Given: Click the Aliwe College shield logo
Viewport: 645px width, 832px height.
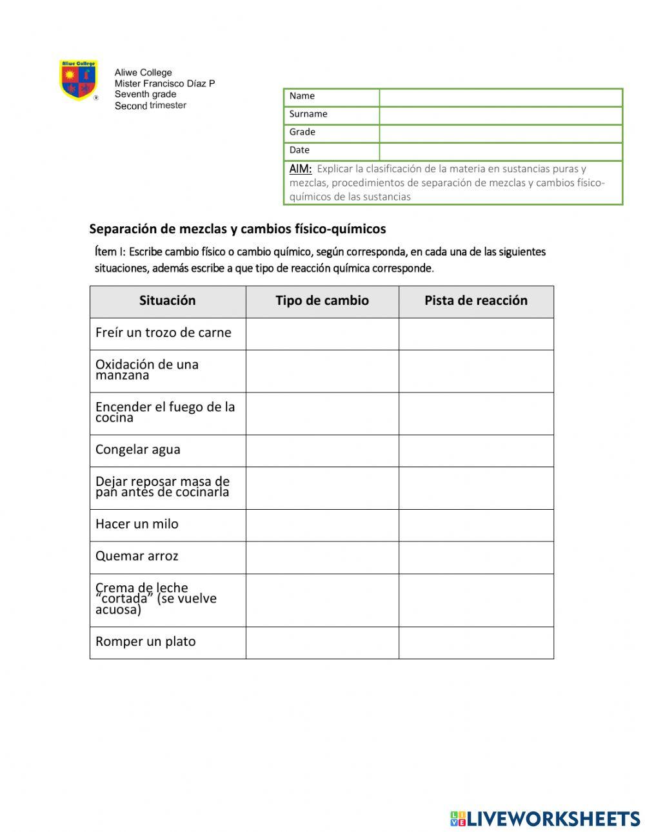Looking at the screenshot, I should point(78,80).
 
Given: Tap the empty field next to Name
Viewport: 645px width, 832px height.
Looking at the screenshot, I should point(501,97).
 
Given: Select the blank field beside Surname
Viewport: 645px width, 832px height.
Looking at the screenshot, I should point(501,115).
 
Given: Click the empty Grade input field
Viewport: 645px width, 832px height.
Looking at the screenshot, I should point(501,133).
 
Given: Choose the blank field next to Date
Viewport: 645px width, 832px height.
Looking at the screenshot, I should point(501,151).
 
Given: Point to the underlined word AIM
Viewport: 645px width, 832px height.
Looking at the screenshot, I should point(301,169).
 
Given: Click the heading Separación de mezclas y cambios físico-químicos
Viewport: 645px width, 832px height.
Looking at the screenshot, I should point(237,229).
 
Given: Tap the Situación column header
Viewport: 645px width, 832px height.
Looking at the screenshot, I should point(167,301).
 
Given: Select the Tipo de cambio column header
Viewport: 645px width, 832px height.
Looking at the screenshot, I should point(322,301).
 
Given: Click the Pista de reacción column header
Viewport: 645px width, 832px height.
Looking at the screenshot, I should point(476,301).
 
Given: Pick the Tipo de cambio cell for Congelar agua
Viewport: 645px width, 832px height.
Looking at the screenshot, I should point(322,450).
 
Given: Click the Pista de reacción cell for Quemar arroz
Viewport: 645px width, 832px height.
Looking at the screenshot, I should point(476,557).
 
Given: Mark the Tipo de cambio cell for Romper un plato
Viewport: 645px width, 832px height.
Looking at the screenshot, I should point(322,643).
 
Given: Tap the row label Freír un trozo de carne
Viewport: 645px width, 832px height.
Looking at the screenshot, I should point(163,333).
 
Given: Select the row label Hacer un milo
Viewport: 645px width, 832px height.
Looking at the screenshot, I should point(137,525).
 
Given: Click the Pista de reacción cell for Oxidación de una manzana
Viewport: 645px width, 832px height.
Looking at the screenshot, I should point(476,371).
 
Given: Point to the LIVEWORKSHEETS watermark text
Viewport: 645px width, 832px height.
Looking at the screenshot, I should point(553,818).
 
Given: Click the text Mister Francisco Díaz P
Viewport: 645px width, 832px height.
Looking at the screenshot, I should point(164,84).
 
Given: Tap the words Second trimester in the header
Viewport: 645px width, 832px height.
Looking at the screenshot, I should point(150,106).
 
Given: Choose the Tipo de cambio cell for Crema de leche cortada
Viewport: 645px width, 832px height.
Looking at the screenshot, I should point(322,600).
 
